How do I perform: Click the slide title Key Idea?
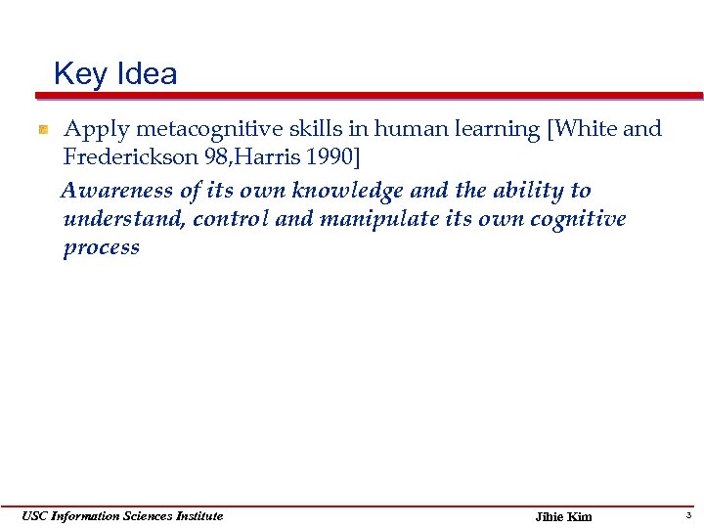click(x=115, y=74)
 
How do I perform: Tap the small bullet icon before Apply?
click(x=43, y=130)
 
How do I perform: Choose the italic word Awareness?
click(x=117, y=191)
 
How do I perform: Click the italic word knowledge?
click(x=353, y=191)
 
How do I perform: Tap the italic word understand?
click(x=123, y=219)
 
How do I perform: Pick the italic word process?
click(x=101, y=248)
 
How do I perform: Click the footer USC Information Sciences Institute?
click(x=123, y=516)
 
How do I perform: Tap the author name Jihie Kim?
click(x=564, y=517)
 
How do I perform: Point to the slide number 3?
click(x=688, y=515)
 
